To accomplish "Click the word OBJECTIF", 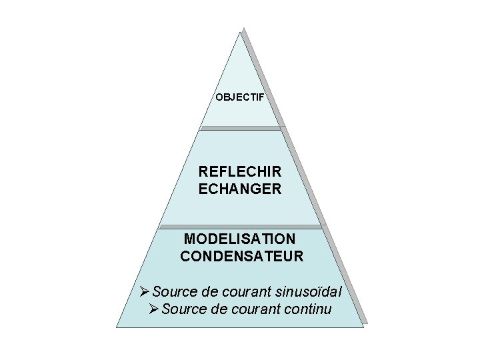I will pyautogui.click(x=240, y=97).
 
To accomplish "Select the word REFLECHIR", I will pyautogui.click(x=240, y=172).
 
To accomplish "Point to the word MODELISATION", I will pyautogui.click(x=240, y=238).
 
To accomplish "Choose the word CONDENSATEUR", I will pyautogui.click(x=241, y=255).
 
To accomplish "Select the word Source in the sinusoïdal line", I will pyautogui.click(x=171, y=291).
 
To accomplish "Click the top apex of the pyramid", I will pyautogui.click(x=240, y=31).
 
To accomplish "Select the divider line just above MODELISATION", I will pyautogui.click(x=240, y=227).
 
